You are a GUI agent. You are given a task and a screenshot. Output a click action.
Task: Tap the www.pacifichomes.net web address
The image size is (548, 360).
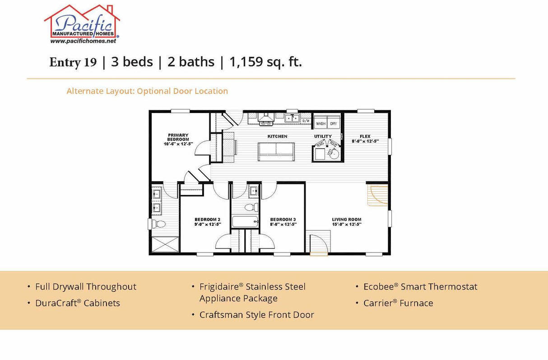coord(83,41)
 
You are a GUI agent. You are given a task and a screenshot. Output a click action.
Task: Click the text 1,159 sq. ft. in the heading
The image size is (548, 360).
coord(265,62)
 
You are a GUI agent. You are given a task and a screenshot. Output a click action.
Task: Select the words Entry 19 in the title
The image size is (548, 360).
coord(73,62)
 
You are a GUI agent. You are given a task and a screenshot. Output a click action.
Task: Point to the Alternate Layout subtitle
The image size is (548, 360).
coord(147,91)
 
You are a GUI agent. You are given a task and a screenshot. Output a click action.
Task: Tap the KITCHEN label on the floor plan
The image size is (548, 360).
coord(277,136)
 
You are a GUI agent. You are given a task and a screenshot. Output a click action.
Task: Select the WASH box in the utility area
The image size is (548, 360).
coord(320,123)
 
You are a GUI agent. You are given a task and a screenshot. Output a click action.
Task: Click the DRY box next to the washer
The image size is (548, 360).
coord(334,123)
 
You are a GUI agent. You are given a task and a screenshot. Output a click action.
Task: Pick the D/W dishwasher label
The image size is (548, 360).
coord(306,121)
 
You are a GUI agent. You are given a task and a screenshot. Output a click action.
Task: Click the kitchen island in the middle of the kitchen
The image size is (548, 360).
coord(276,151)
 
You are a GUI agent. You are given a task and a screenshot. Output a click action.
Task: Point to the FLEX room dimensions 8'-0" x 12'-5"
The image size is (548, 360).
coord(365,141)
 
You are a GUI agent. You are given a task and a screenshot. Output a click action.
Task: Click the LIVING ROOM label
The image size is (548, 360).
coord(347,220)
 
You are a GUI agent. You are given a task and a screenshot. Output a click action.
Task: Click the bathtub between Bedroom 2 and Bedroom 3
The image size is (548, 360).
coord(245,222)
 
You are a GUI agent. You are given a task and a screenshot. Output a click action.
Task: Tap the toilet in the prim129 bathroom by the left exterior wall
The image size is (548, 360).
coord(158,224)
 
